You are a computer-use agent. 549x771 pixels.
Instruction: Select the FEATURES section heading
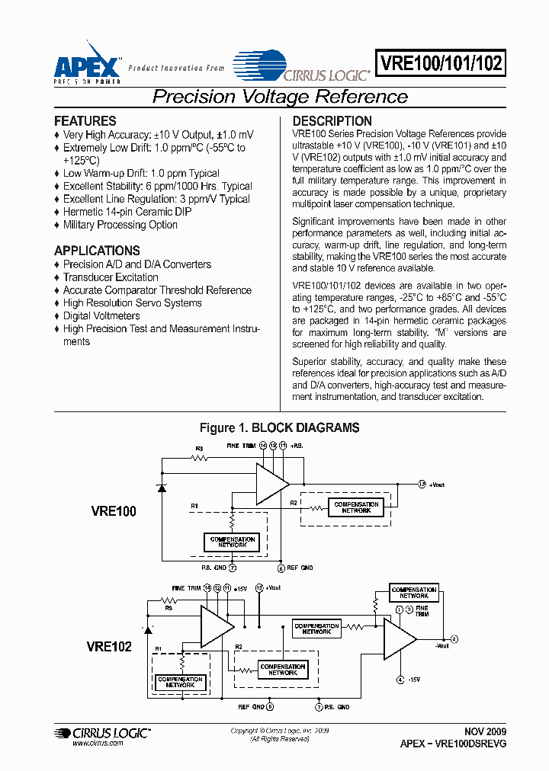click(x=85, y=121)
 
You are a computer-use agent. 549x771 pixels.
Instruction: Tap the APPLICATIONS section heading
click(x=97, y=251)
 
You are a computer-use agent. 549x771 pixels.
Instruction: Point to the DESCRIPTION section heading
click(x=332, y=121)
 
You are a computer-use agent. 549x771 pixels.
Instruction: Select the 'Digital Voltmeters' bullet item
click(x=101, y=315)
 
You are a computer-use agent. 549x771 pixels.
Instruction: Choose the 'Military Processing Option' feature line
click(x=120, y=225)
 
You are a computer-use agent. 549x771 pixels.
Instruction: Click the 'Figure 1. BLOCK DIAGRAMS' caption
click(x=279, y=428)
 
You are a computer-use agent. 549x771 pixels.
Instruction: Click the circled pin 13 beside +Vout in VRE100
click(x=422, y=484)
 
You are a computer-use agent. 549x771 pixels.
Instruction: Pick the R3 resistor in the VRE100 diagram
click(x=200, y=458)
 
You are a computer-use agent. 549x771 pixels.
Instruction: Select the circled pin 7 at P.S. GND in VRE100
click(x=233, y=568)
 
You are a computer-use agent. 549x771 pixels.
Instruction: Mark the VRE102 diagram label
click(x=109, y=647)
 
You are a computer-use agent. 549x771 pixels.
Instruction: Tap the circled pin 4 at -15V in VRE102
click(x=400, y=679)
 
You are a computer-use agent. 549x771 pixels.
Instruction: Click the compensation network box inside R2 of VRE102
click(x=282, y=670)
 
